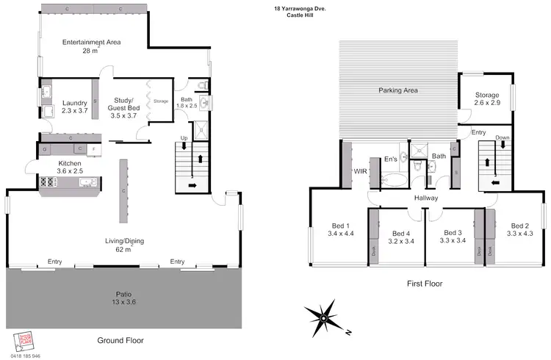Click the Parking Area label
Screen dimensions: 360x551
click(x=398, y=90)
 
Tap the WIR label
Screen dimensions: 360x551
click(x=361, y=170)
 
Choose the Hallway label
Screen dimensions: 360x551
click(x=425, y=198)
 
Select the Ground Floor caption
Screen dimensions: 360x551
click(x=120, y=340)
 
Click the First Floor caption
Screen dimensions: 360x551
click(x=424, y=283)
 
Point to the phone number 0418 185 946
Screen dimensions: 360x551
click(x=26, y=355)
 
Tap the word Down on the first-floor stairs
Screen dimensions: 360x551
click(x=503, y=137)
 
